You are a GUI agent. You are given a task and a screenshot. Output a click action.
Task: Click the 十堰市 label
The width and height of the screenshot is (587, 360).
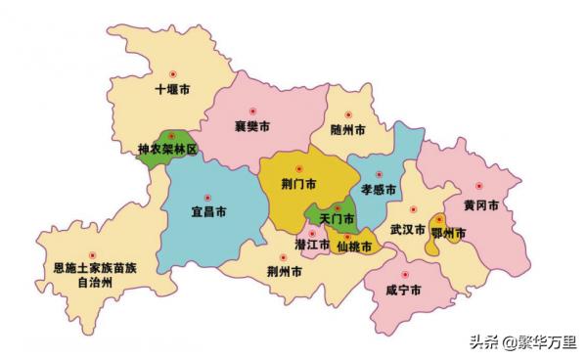(x=174, y=91)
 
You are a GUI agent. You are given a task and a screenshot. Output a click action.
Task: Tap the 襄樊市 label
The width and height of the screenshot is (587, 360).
(x=252, y=127)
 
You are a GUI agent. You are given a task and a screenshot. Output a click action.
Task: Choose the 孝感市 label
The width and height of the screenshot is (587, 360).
(x=379, y=188)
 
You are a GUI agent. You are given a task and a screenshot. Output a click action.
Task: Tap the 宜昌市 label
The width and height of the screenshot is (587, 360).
(x=207, y=211)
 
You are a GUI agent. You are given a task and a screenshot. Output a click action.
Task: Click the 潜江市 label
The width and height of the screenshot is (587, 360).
(x=312, y=244)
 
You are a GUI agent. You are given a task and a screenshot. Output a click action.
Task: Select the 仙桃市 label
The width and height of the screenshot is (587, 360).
(x=353, y=247)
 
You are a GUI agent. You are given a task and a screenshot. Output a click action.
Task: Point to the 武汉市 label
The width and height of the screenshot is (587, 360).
(x=407, y=231)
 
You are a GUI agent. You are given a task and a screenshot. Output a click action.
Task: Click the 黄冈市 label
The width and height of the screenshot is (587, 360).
(x=481, y=205)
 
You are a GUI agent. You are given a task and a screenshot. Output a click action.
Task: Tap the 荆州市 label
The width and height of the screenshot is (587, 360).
(x=285, y=271)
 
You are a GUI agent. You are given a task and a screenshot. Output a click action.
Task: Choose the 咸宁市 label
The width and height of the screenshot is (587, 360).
(x=403, y=292)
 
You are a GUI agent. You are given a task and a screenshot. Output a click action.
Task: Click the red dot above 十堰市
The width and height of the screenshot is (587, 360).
(x=174, y=73)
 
